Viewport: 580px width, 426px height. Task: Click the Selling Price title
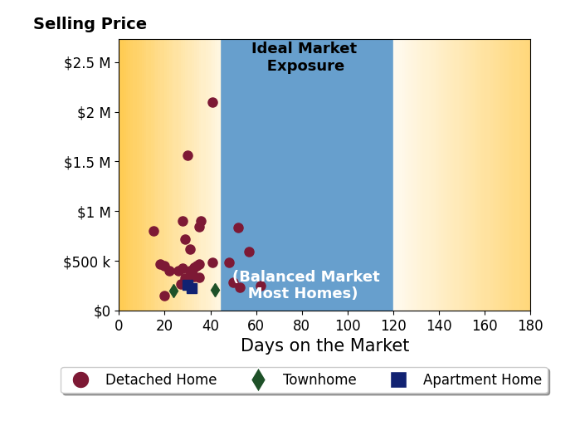90,24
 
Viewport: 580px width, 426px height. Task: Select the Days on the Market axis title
324,345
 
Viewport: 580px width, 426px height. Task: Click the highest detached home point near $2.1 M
212,102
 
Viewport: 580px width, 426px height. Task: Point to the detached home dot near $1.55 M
188,156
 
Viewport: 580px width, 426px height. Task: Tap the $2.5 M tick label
87,63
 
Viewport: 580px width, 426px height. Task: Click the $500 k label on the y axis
87,262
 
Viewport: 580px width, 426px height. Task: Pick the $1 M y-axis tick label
94,213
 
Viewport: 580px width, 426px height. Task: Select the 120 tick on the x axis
393,326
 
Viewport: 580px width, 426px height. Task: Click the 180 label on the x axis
530,326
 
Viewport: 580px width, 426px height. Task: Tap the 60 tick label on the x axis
256,326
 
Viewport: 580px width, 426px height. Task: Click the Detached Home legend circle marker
81,380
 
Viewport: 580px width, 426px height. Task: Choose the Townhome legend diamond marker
258,380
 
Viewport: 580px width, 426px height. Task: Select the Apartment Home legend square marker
399,380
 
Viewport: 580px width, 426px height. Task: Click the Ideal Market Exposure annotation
305,56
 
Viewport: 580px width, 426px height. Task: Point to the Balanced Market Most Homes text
305,284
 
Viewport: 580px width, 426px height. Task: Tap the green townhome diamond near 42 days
215,290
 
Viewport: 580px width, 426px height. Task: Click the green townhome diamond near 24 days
174,291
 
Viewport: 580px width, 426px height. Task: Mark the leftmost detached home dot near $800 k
154,232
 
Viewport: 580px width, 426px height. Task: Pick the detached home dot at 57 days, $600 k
249,252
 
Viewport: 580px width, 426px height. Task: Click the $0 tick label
102,311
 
